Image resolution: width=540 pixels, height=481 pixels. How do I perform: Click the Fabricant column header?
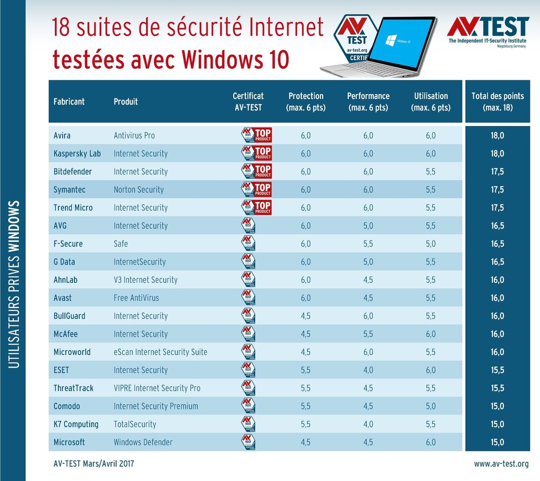click(69, 101)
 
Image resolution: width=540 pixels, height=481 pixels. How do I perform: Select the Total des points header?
click(497, 101)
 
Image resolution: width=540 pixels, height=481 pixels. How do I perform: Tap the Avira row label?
click(63, 136)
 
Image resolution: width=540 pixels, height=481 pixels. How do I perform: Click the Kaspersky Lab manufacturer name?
click(77, 154)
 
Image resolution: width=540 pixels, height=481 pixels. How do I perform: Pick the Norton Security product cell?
click(139, 190)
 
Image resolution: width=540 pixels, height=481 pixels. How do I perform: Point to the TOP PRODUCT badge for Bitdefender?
click(256, 171)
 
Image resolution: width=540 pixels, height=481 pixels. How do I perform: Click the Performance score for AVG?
click(368, 226)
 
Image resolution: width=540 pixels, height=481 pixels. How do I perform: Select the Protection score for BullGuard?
click(305, 316)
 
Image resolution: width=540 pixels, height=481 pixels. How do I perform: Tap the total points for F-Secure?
click(497, 244)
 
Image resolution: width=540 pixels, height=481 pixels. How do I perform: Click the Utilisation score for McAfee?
click(431, 334)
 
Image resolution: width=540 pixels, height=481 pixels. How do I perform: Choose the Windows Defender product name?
click(143, 443)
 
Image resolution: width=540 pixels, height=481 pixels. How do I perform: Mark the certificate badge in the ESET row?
click(248, 370)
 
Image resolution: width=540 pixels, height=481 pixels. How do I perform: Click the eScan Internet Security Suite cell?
click(160, 352)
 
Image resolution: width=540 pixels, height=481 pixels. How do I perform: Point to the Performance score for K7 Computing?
click(368, 424)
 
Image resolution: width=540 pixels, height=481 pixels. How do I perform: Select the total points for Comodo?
click(497, 406)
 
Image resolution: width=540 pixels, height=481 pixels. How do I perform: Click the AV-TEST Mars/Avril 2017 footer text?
click(94, 464)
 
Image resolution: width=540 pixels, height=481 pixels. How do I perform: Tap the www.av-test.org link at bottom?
click(501, 464)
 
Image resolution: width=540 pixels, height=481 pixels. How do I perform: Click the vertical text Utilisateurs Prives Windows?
click(15, 284)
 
